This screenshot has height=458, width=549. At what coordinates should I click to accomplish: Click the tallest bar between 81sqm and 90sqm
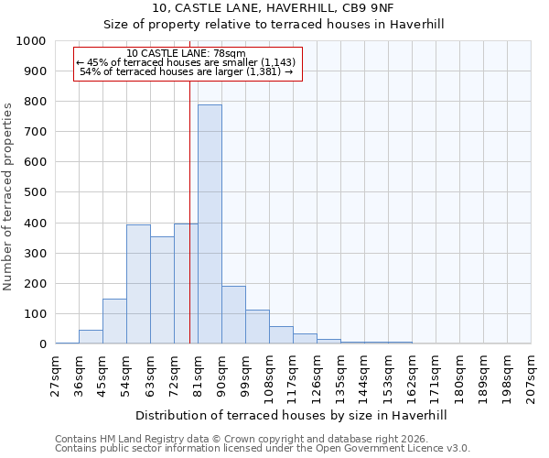tap(210, 224)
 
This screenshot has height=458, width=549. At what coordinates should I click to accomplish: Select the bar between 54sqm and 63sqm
tap(138, 284)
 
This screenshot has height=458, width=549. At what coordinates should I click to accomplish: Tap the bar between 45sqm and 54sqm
tap(114, 322)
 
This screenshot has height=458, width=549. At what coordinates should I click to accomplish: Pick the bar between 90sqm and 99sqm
tap(233, 315)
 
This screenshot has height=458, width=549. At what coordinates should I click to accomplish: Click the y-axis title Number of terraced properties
tap(8, 196)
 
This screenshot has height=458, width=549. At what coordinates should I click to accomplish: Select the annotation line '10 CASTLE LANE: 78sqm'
tap(187, 54)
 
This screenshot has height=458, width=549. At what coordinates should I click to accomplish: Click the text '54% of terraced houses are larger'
tap(187, 71)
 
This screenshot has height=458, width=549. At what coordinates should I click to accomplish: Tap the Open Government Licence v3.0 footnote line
tap(263, 448)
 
